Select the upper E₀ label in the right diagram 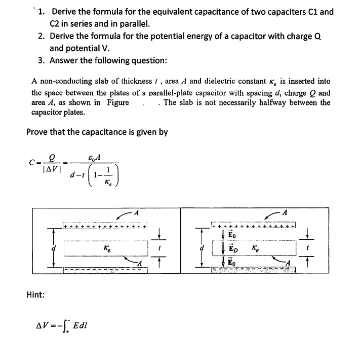click(232, 235)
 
